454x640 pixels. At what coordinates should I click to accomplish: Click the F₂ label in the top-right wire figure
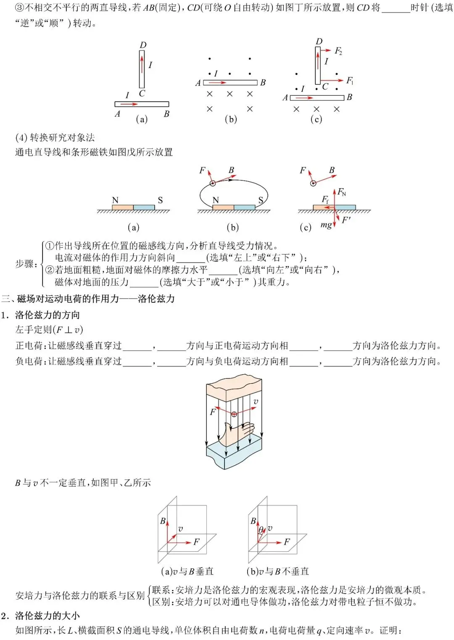(338, 51)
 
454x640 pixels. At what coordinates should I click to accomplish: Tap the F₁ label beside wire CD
(350, 81)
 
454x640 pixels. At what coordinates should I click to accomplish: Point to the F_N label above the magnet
(342, 192)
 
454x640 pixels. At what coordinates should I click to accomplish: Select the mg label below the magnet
(326, 225)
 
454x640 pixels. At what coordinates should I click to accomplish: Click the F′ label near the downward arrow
(346, 220)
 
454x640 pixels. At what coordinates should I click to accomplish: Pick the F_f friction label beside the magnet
(325, 199)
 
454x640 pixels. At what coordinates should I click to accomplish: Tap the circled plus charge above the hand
(234, 414)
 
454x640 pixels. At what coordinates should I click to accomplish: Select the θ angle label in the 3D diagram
(261, 530)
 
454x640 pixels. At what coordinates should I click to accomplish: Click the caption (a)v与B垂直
(187, 571)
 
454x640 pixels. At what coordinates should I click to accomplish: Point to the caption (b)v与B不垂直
(277, 571)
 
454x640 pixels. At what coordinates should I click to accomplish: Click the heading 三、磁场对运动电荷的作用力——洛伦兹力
(88, 299)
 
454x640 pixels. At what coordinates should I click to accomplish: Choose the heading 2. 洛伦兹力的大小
(40, 616)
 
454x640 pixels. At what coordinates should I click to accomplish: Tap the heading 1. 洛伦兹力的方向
(40, 315)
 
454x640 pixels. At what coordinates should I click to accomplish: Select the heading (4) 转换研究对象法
(55, 137)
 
